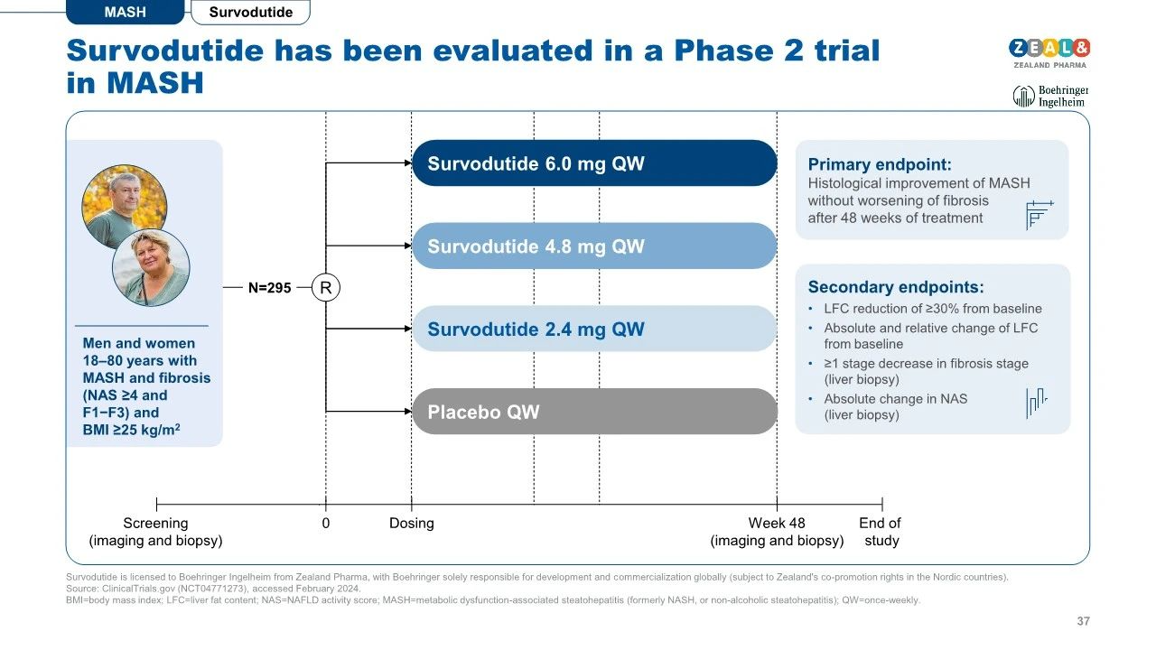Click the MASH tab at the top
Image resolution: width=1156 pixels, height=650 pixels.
tap(125, 12)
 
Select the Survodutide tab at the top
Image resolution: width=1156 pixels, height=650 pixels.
tap(251, 12)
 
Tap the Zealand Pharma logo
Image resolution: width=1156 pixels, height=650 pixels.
tap(1049, 53)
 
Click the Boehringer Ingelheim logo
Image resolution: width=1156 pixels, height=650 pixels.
tap(1050, 96)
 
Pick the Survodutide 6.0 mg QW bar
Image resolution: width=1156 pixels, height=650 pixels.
tap(594, 163)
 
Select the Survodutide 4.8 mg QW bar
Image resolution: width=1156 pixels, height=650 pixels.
tap(594, 246)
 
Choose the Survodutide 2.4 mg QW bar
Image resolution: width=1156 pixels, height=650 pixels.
tap(594, 329)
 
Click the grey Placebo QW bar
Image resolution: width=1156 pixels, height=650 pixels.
tap(594, 412)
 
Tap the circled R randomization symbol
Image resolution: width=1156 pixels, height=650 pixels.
tap(326, 287)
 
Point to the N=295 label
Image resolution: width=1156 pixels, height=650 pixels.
tap(269, 288)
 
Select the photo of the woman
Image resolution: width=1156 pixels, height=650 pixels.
tap(151, 268)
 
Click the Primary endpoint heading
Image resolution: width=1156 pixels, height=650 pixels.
tap(880, 164)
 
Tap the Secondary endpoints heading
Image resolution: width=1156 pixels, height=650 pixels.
tap(896, 287)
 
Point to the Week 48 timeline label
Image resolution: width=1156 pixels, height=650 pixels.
tap(777, 523)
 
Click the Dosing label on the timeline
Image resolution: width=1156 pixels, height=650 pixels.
tap(411, 523)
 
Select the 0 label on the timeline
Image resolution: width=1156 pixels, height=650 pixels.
tap(326, 523)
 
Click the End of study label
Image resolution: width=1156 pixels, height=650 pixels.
tap(881, 532)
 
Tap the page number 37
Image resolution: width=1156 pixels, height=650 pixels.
tap(1083, 621)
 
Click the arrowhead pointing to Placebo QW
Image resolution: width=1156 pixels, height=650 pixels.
tap(408, 411)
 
